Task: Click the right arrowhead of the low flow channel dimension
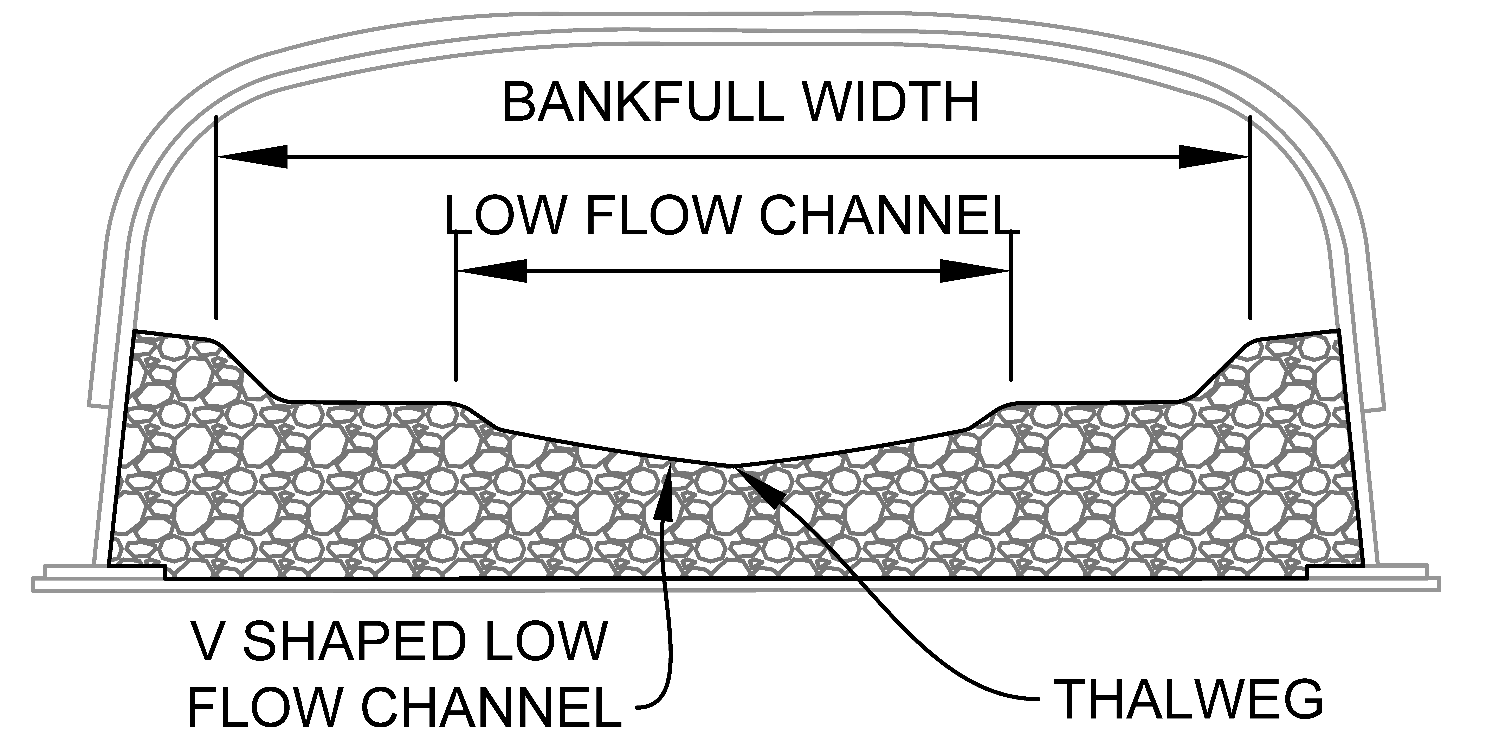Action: coord(975,271)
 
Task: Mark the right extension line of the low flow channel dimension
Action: coord(1011,312)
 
